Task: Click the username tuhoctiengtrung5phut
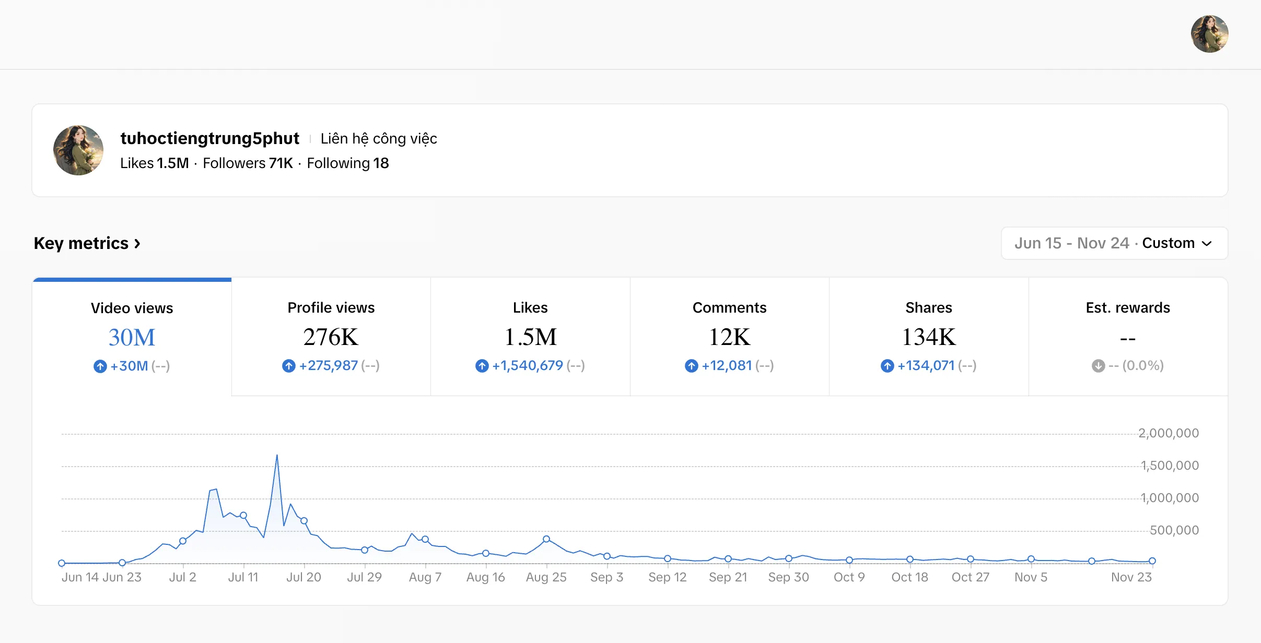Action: tap(209, 138)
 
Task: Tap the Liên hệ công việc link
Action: tap(379, 138)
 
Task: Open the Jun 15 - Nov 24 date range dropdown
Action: tap(1114, 243)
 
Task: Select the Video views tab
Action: tap(132, 337)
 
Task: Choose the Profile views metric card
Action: tap(331, 337)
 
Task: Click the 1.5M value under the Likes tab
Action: tap(530, 337)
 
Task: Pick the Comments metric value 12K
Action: tap(729, 337)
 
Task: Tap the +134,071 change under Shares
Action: tap(926, 365)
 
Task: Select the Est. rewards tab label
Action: tap(1128, 308)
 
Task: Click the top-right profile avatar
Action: tap(1209, 34)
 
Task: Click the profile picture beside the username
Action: tap(78, 150)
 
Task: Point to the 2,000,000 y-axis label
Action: tap(1169, 433)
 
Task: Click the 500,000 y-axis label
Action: tap(1174, 530)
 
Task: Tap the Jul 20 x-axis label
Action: tap(303, 577)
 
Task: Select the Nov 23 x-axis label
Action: tap(1131, 577)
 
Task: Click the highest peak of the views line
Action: tap(277, 455)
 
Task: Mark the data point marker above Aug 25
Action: tap(546, 539)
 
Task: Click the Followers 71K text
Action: tap(248, 163)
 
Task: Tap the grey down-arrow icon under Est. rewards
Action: tap(1098, 366)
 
